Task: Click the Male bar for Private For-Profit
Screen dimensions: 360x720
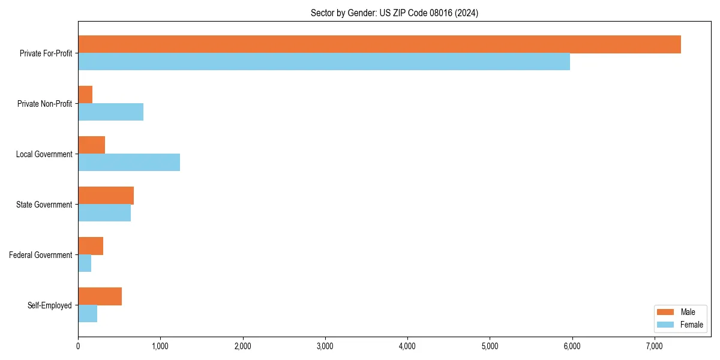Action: (x=379, y=44)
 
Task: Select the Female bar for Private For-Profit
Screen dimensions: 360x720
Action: (x=324, y=62)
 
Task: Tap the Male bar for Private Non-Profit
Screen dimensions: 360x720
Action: (x=85, y=95)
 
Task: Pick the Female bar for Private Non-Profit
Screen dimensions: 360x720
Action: (x=110, y=112)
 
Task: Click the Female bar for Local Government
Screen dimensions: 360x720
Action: (x=129, y=163)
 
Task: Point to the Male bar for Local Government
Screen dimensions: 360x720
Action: (x=91, y=145)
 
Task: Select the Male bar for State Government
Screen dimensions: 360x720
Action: (x=106, y=196)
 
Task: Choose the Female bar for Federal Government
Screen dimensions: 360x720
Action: (x=85, y=263)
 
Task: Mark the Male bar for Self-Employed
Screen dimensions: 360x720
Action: (x=100, y=296)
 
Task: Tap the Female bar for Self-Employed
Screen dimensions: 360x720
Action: (x=88, y=314)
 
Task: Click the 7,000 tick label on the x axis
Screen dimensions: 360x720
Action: (x=655, y=346)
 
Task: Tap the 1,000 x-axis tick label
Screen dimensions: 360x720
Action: (x=160, y=346)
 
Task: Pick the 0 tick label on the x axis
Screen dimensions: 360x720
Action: (x=78, y=346)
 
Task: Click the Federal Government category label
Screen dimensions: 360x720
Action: (x=41, y=255)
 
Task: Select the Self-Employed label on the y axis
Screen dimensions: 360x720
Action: (x=50, y=305)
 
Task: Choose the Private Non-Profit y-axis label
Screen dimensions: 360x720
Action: (x=44, y=104)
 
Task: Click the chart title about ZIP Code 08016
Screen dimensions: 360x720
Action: (x=394, y=13)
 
